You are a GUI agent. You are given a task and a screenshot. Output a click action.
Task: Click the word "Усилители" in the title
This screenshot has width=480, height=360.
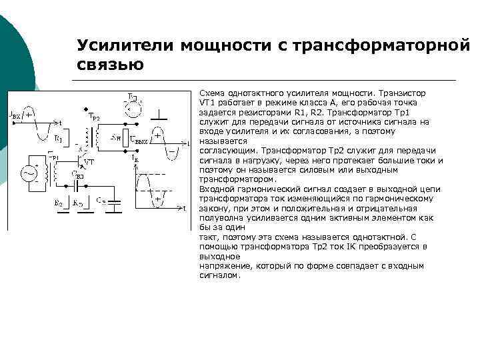pyautogui.click(x=123, y=45)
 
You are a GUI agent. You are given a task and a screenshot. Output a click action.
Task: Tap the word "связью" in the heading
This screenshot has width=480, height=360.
pyautogui.click(x=110, y=65)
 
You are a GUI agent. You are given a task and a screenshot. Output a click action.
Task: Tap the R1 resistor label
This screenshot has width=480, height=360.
pyautogui.click(x=58, y=139)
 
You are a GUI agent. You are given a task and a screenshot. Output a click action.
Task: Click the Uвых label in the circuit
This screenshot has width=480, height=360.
pyautogui.click(x=140, y=141)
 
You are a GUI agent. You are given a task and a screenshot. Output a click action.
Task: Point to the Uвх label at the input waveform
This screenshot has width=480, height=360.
pyautogui.click(x=14, y=115)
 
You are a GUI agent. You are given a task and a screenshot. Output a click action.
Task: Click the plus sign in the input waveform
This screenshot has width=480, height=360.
pyautogui.click(x=29, y=114)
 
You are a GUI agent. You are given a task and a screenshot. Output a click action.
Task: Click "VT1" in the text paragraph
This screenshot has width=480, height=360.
pyautogui.click(x=208, y=103)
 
